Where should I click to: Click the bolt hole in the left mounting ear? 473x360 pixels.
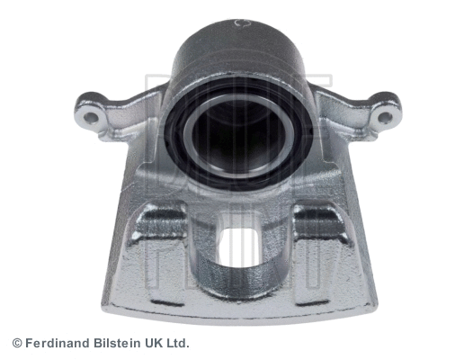[91, 115]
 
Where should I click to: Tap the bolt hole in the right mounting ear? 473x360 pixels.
[385, 116]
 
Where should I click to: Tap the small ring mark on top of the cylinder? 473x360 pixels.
[238, 22]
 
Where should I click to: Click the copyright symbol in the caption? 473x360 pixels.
[16, 343]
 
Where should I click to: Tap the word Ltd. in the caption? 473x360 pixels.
[176, 343]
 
